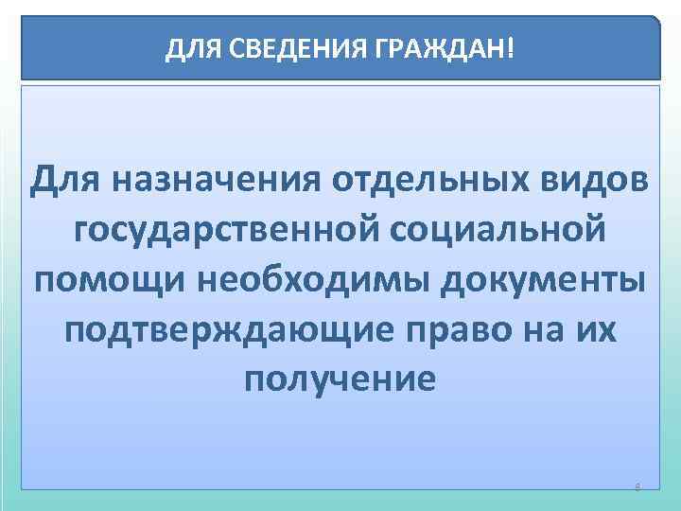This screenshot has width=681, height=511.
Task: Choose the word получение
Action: (x=340, y=381)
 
